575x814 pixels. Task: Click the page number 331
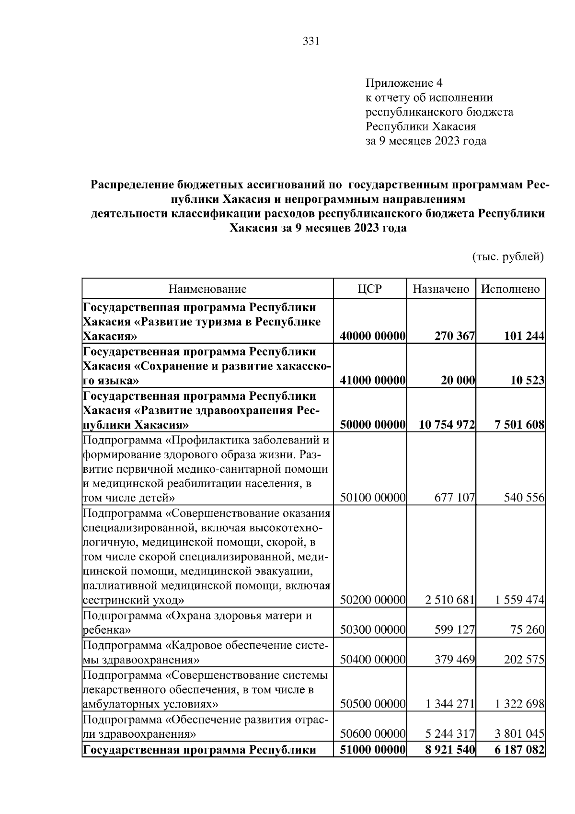coord(311,41)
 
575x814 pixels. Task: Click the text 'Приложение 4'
coord(403,83)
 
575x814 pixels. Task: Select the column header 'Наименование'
coord(207,289)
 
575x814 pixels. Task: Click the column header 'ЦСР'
coord(369,289)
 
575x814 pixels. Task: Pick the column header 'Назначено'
coord(441,289)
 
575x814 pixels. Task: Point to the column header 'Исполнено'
coord(510,289)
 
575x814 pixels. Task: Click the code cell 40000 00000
coord(373,337)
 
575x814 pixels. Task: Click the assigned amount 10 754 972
coord(447,425)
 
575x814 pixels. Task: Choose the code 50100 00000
coord(373,498)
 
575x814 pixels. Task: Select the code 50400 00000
coord(373,660)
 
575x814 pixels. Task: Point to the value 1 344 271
coord(449,704)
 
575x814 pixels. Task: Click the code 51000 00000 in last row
coord(373,749)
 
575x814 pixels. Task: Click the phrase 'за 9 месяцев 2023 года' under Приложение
coord(426,141)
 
